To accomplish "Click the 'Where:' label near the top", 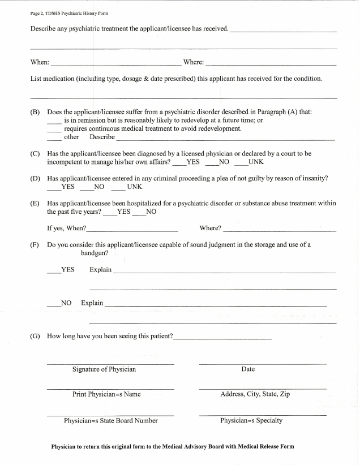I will [193, 62].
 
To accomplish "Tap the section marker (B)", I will [35, 112].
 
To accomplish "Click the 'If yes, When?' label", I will [66, 228].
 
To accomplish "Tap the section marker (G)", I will [35, 336].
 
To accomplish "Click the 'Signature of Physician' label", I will [104, 369].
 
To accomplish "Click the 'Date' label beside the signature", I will [248, 369].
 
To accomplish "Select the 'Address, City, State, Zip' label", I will [255, 394].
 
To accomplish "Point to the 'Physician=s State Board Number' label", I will [111, 420].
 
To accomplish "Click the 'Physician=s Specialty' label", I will [251, 420].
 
